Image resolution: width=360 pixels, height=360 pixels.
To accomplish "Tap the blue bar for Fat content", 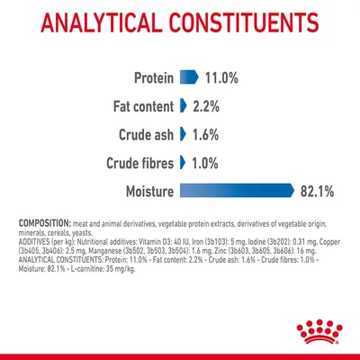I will pyautogui.click(x=183, y=105).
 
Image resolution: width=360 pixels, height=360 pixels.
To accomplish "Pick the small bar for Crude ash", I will pyautogui.click(x=183, y=134).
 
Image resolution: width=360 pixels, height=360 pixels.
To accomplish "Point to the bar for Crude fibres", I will pyautogui.click(x=183, y=162).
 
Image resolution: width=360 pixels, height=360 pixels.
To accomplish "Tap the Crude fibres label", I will pyautogui.click(x=128, y=162).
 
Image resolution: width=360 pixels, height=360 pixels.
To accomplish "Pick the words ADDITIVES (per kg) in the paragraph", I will pyautogui.click(x=42, y=243).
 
